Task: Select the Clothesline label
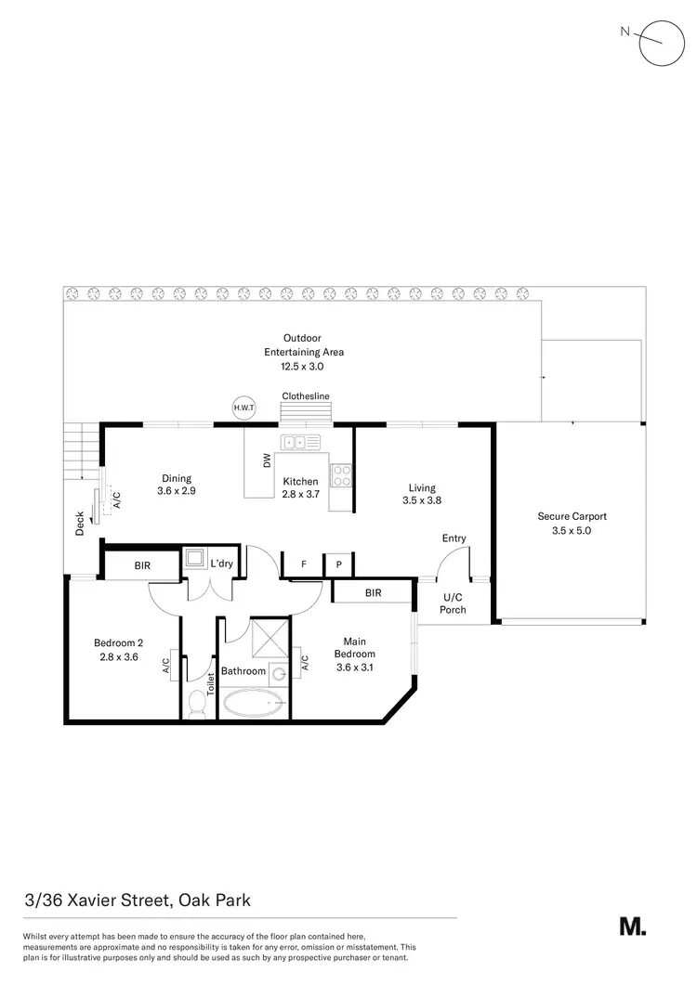[306, 396]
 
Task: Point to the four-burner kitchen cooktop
[341, 475]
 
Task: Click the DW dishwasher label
[267, 459]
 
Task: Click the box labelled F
[304, 564]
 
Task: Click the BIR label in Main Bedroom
[372, 591]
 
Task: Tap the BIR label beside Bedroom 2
[142, 564]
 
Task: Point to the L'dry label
[222, 564]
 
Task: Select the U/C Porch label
[453, 603]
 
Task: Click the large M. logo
[633, 926]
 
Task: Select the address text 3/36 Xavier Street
[138, 900]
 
